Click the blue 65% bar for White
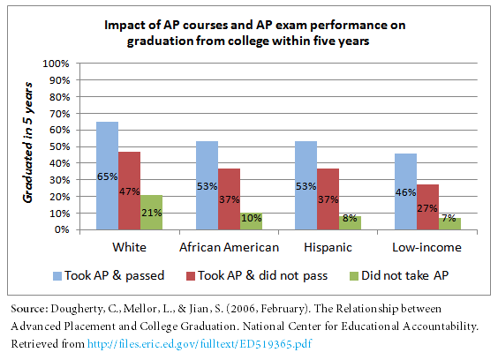tap(108, 176)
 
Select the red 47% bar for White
tap(130, 191)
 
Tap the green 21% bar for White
tap(151, 212)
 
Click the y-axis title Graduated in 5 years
tap(27, 146)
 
